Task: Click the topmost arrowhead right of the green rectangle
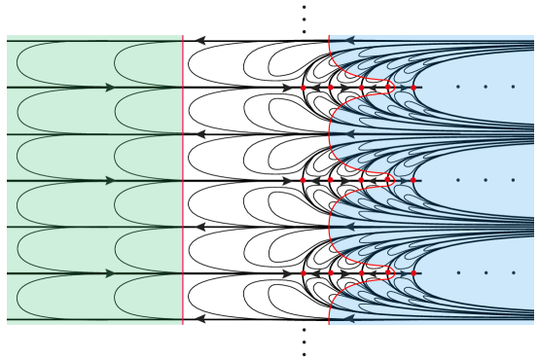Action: (200, 41)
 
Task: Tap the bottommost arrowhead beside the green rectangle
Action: (200, 318)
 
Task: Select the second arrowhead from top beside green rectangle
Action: (200, 134)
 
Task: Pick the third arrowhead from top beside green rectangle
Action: (200, 227)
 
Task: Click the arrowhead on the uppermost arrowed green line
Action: (111, 88)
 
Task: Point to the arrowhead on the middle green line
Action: (111, 180)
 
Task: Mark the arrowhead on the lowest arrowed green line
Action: (111, 273)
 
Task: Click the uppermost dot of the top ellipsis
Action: (304, 8)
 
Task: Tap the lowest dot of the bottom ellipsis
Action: (304, 354)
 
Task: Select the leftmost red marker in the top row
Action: (304, 88)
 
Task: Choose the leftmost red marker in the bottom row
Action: (304, 273)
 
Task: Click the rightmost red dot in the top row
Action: (413, 88)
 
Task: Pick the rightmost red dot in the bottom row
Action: (413, 273)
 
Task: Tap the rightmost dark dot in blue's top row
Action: (513, 87)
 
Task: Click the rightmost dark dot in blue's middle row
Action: (513, 180)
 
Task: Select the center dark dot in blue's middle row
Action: (485, 180)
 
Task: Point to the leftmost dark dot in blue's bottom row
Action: (458, 273)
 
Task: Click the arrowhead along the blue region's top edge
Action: (349, 41)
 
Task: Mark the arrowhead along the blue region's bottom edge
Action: (349, 318)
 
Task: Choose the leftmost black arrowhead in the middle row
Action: (287, 180)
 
